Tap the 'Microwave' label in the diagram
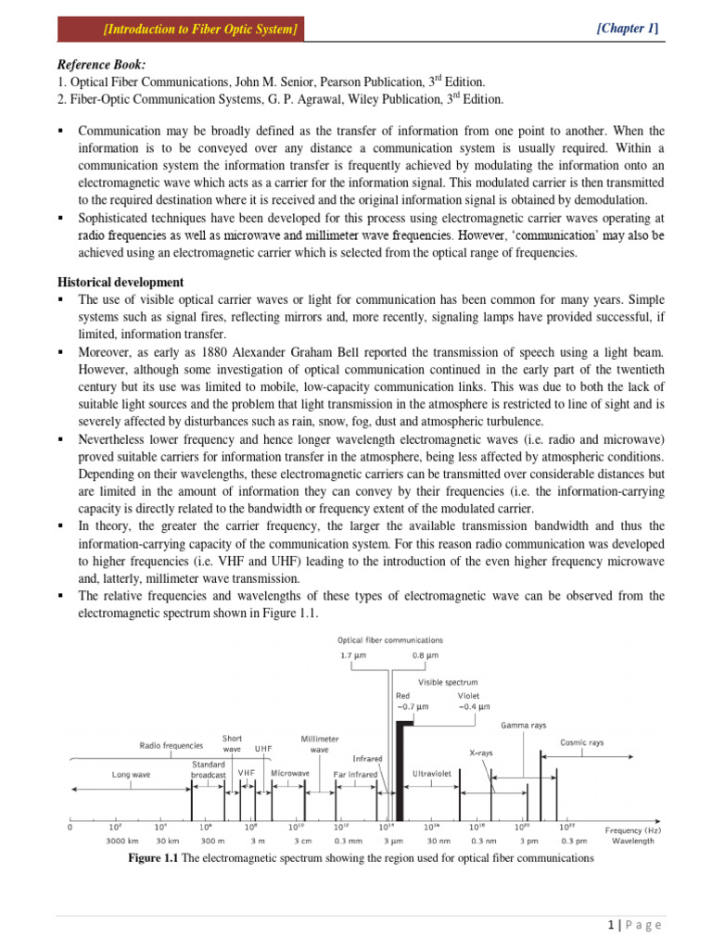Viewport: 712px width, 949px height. click(290, 772)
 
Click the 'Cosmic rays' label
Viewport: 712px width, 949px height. click(581, 741)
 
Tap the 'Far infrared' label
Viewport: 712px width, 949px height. click(355, 773)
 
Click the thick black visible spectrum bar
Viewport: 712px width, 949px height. click(400, 757)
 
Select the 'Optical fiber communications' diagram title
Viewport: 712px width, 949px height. click(389, 639)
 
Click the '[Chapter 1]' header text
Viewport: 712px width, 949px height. click(628, 30)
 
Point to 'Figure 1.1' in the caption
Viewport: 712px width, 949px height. click(153, 858)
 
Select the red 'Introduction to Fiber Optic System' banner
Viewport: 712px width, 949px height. click(181, 31)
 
